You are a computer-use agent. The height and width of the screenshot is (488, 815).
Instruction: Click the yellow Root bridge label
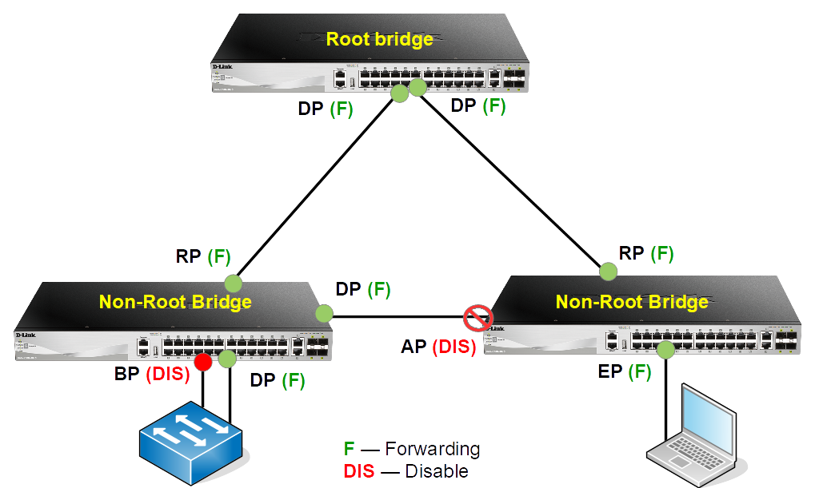pyautogui.click(x=379, y=39)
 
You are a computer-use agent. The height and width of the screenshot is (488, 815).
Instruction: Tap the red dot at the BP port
pyautogui.click(x=203, y=362)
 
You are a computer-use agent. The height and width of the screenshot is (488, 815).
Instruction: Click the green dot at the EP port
pyautogui.click(x=664, y=349)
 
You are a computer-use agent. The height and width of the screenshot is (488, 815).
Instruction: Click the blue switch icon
pyautogui.click(x=191, y=444)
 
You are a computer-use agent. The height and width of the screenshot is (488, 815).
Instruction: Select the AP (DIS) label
pyautogui.click(x=437, y=347)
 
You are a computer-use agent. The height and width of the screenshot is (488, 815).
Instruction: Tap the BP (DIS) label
pyautogui.click(x=151, y=373)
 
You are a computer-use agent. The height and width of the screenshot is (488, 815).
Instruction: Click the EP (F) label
pyautogui.click(x=625, y=371)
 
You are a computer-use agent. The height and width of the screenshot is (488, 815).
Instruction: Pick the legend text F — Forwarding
pyautogui.click(x=412, y=449)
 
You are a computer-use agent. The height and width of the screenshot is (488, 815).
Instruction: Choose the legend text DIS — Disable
pyautogui.click(x=406, y=471)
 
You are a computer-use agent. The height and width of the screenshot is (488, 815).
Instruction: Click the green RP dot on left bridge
pyautogui.click(x=233, y=283)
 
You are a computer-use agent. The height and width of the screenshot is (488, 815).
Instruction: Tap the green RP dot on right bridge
pyautogui.click(x=609, y=272)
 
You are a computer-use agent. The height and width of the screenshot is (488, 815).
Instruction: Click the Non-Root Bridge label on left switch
pyautogui.click(x=175, y=302)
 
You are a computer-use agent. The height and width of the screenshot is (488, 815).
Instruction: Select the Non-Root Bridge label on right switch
pyautogui.click(x=632, y=302)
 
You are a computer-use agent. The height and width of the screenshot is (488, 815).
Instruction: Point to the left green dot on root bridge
pyautogui.click(x=400, y=94)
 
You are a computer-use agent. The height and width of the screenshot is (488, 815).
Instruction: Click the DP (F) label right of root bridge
pyautogui.click(x=477, y=105)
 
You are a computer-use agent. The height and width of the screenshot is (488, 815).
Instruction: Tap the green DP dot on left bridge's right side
pyautogui.click(x=324, y=314)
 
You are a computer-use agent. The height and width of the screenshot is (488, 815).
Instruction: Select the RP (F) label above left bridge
pyautogui.click(x=203, y=257)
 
